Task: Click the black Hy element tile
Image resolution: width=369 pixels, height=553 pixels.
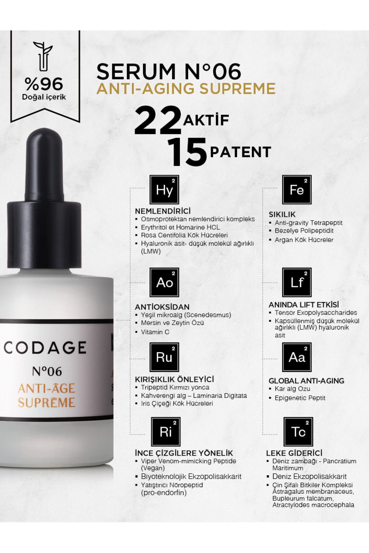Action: click(164, 190)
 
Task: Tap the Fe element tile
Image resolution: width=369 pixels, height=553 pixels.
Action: click(297, 190)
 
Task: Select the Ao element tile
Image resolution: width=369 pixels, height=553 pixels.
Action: click(164, 282)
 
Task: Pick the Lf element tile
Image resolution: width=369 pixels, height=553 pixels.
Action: click(297, 282)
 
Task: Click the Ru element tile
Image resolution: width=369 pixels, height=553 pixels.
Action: click(164, 357)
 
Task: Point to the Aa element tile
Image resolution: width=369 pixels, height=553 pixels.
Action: click(297, 357)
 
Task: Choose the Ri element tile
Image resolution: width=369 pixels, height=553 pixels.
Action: click(165, 432)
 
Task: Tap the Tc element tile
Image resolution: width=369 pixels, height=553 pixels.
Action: click(298, 432)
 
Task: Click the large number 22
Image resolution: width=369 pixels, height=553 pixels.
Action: click(157, 121)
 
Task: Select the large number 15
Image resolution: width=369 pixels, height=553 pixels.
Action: click(187, 152)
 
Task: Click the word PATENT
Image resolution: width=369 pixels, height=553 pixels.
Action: click(240, 152)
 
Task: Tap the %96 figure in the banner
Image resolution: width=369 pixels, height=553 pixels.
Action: click(44, 84)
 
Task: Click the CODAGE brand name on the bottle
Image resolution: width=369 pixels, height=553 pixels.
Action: click(45, 348)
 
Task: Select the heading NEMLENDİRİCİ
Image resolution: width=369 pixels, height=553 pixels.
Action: click(163, 211)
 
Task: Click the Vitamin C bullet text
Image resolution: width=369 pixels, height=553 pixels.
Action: click(155, 332)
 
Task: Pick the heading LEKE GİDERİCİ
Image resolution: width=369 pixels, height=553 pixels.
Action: click(294, 453)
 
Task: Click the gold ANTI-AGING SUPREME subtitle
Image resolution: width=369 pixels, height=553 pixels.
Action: click(186, 88)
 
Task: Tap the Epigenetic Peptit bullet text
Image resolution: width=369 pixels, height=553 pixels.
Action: click(300, 398)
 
